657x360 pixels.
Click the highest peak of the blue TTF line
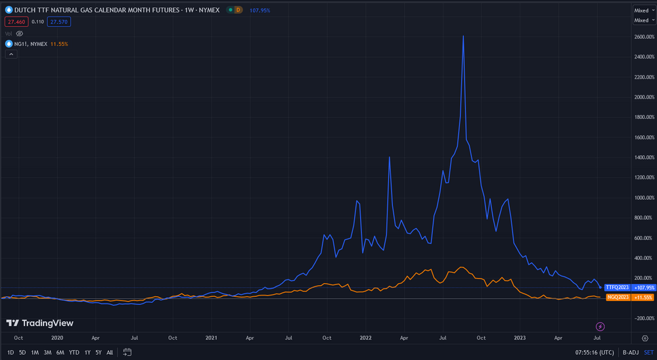click(464, 36)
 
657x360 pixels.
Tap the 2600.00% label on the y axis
click(643, 37)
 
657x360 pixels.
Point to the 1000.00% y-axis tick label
click(643, 198)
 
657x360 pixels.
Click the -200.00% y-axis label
click(643, 319)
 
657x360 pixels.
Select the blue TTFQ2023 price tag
click(617, 288)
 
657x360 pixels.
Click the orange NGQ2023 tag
click(617, 297)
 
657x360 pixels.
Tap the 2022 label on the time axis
click(365, 338)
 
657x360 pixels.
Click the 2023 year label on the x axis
click(520, 338)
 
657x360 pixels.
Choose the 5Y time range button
click(98, 352)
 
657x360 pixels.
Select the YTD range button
click(74, 352)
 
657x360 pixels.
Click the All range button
click(110, 352)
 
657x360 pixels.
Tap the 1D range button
click(11, 352)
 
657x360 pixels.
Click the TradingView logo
click(39, 323)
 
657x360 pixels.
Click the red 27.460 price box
click(16, 22)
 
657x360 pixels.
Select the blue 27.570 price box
click(58, 22)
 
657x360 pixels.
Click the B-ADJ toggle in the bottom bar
click(629, 352)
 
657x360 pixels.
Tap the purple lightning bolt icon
click(600, 326)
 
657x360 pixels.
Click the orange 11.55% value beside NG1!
click(58, 43)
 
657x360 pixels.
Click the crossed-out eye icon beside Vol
click(20, 33)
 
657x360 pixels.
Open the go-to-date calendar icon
click(127, 352)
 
